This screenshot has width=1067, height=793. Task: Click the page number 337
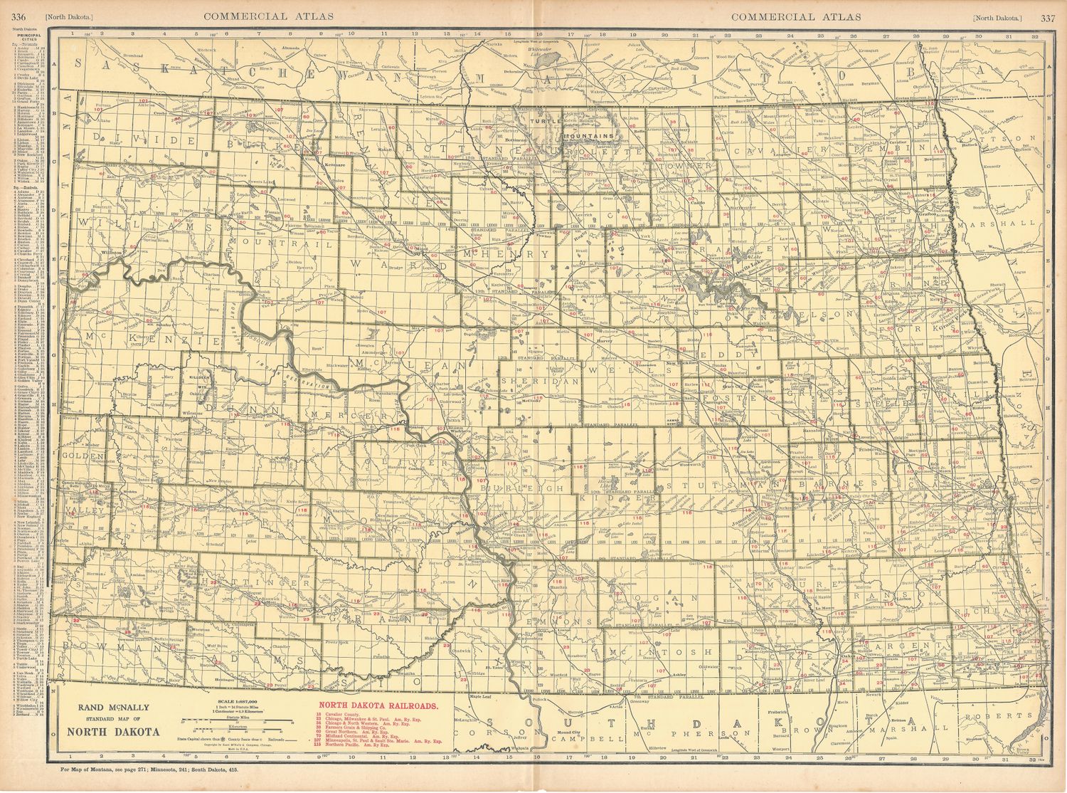pyautogui.click(x=1047, y=17)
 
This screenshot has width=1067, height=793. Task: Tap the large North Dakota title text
pyautogui.click(x=114, y=731)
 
